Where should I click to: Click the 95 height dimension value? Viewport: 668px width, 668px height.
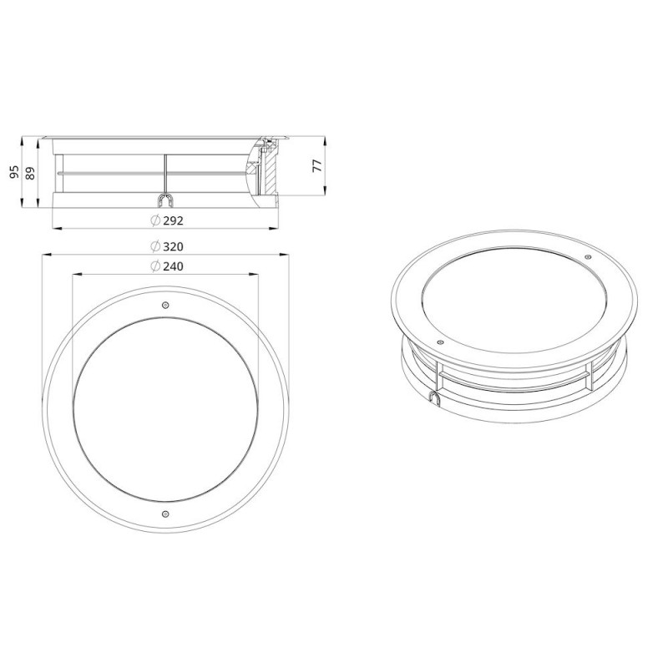[14, 172]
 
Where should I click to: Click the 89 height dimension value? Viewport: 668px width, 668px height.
[31, 173]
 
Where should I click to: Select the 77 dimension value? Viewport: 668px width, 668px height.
[318, 165]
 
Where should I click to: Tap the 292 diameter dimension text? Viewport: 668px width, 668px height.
[173, 220]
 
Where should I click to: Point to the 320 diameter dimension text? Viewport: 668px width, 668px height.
[173, 246]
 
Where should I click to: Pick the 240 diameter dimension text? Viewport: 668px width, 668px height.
[173, 266]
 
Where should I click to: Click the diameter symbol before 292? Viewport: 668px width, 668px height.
[155, 220]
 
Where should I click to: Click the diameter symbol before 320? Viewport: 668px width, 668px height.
[155, 246]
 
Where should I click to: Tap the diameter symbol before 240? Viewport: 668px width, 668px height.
[155, 266]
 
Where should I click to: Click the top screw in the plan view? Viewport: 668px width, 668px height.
[165, 305]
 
